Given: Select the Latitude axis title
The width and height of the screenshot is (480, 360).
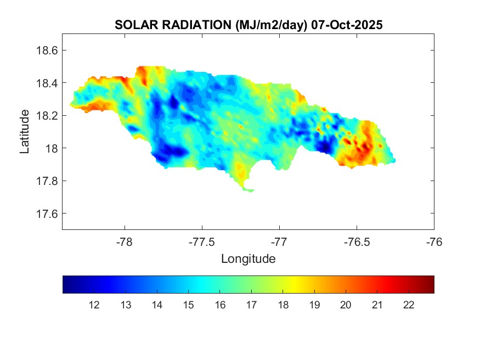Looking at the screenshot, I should (x=25, y=131).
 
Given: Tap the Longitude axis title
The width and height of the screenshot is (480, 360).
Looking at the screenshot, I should (x=248, y=258).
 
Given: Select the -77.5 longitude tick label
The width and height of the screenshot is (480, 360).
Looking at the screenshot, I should (x=202, y=241).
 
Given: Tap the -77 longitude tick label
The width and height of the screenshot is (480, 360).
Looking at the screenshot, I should (x=279, y=241).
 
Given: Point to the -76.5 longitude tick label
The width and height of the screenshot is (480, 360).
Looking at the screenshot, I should (x=357, y=241).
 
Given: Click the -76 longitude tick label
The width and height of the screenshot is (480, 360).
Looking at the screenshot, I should (x=434, y=241).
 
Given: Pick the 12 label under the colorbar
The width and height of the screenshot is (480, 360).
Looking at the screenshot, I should (x=94, y=305).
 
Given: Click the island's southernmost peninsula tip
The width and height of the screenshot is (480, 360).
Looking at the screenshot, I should (x=251, y=191).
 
